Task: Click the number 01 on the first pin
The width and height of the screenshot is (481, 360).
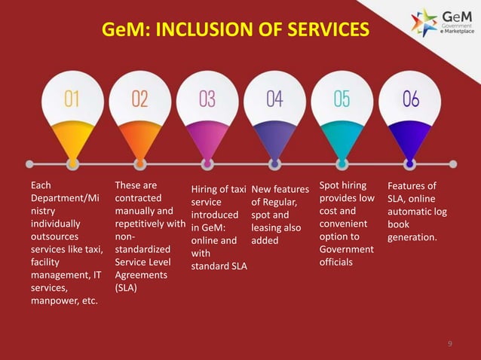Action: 72,99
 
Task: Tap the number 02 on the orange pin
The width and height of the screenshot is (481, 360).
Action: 140,99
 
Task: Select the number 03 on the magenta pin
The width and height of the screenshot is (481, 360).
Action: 207,99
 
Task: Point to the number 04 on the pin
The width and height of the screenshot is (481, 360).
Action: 274,99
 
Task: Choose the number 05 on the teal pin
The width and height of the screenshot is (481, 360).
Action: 342,99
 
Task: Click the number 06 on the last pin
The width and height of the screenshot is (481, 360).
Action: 410,99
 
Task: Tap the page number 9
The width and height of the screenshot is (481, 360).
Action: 449,344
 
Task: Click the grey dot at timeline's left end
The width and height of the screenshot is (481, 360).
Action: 30,163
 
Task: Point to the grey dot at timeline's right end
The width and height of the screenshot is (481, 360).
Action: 453,163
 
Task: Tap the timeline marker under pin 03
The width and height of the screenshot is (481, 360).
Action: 207,163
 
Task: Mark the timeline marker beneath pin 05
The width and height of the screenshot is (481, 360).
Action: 342,163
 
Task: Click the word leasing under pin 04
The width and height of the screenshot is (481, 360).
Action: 266,228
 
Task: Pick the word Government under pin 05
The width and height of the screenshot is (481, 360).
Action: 347,249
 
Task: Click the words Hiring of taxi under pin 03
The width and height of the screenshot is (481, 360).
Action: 219,189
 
